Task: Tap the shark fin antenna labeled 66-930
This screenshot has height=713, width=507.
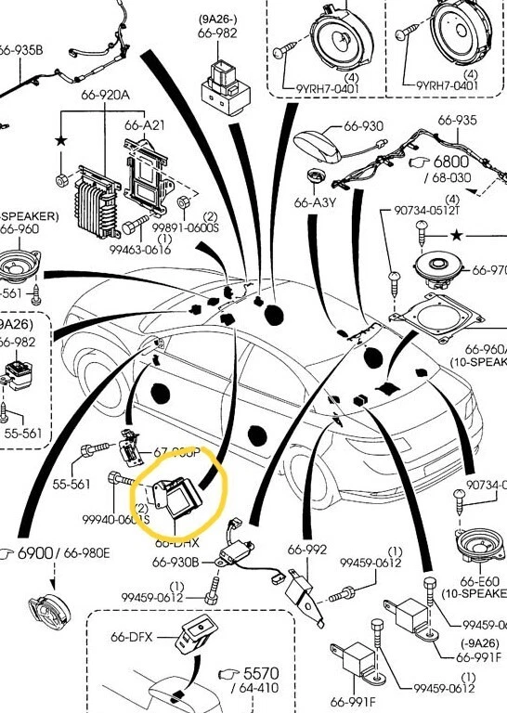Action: (x=319, y=143)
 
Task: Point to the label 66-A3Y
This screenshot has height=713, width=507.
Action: (x=314, y=201)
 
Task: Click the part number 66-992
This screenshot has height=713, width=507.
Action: (x=307, y=550)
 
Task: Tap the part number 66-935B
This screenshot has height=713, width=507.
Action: (x=20, y=50)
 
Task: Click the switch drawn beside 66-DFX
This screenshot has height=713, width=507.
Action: (x=200, y=634)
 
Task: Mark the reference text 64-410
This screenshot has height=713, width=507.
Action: (x=259, y=688)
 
